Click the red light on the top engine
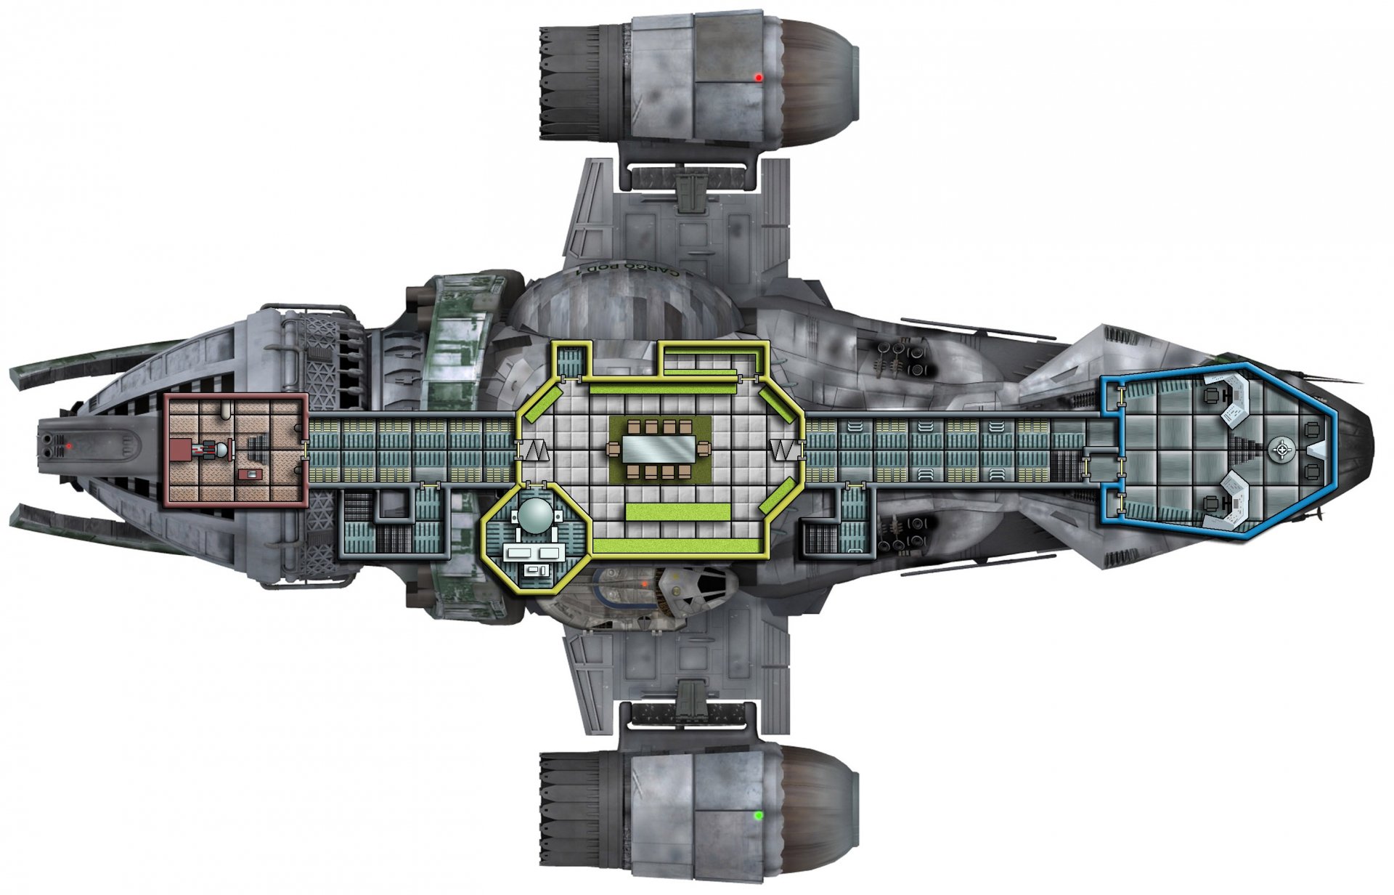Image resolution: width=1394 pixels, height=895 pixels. [x=758, y=77]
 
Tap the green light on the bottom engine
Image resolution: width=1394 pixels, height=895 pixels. [x=758, y=816]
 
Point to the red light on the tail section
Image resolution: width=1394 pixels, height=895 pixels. [x=68, y=445]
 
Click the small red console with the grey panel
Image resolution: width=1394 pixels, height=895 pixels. [x=251, y=474]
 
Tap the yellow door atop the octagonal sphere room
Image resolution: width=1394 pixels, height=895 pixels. [x=536, y=483]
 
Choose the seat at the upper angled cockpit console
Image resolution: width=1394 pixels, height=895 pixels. [x=1211, y=396]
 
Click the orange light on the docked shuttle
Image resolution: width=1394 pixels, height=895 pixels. [x=643, y=583]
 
